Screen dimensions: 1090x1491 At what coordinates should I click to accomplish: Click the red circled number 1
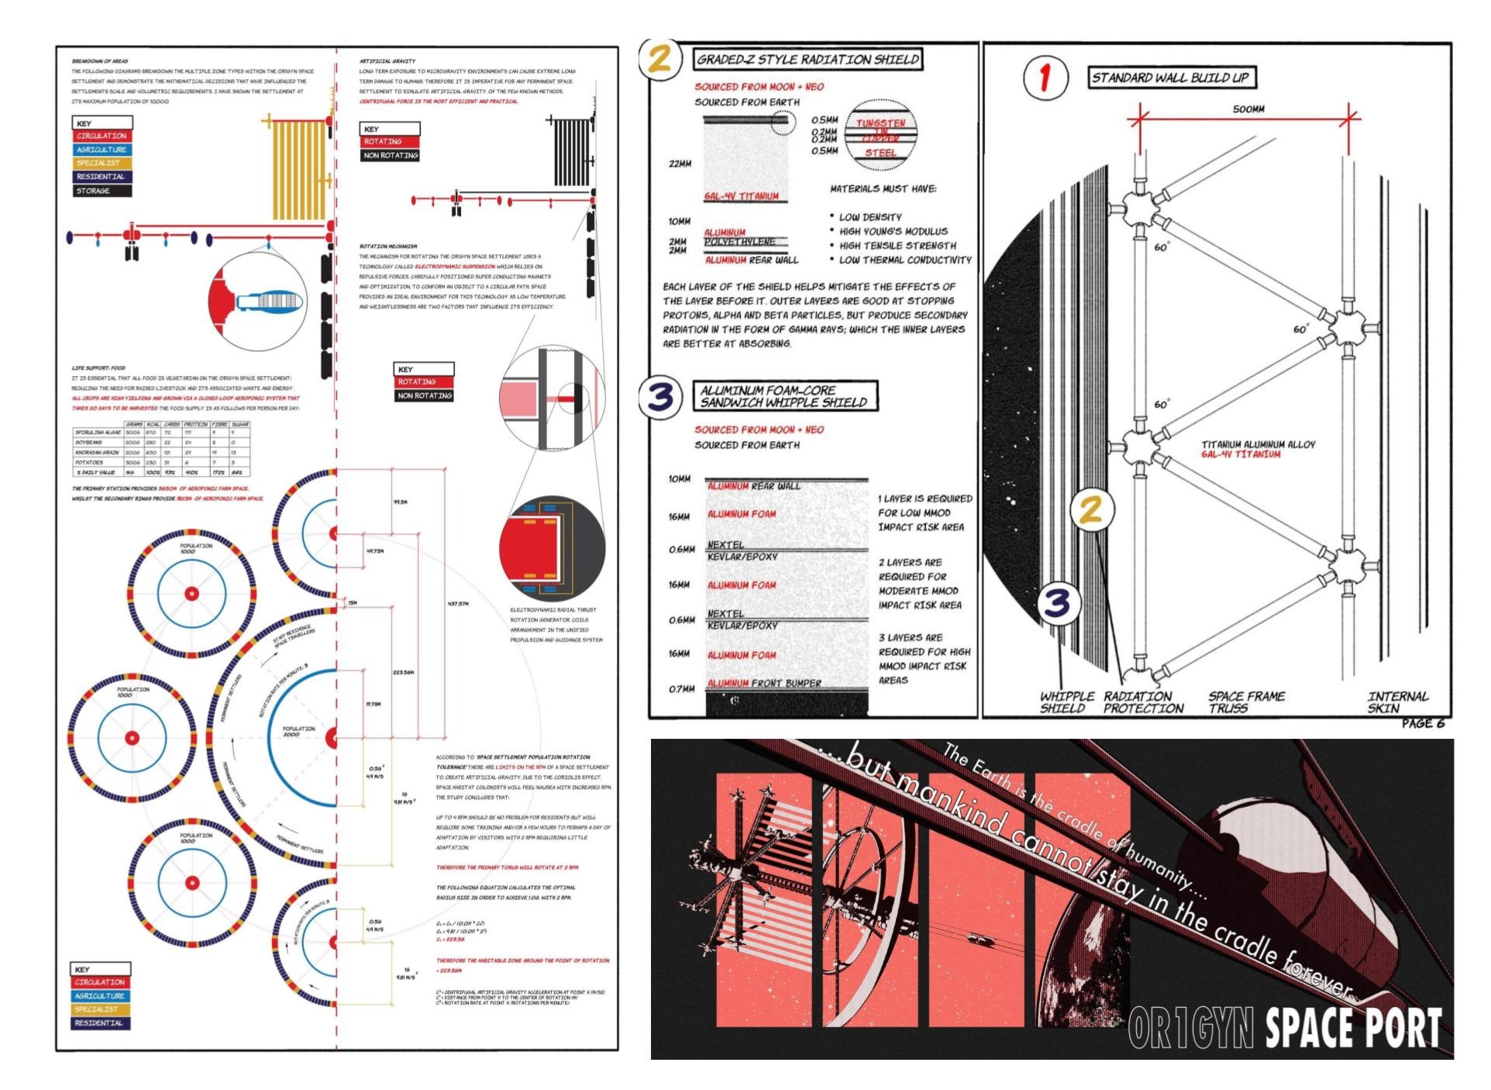(x=1045, y=78)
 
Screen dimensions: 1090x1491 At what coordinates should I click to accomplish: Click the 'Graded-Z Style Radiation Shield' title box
(x=807, y=60)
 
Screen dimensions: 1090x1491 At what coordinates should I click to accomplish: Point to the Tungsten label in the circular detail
(x=880, y=123)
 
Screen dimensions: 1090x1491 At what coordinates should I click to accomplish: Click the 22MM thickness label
(x=680, y=164)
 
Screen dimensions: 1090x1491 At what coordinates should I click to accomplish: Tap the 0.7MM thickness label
(x=681, y=688)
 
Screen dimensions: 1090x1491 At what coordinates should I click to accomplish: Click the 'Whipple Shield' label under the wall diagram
(x=1066, y=702)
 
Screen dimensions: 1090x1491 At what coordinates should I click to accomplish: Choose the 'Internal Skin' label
(x=1397, y=702)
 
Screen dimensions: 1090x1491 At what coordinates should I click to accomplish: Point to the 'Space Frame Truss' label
(x=1245, y=702)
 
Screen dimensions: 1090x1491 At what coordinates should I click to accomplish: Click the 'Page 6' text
(x=1423, y=724)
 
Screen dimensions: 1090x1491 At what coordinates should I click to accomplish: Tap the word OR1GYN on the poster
(x=1190, y=1028)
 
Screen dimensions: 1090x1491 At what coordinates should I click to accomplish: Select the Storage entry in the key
(x=93, y=191)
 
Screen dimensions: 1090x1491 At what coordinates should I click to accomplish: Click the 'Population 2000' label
(x=298, y=731)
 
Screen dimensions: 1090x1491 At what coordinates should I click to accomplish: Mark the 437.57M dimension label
(x=457, y=603)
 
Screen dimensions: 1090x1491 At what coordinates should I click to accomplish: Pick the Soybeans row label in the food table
(x=89, y=443)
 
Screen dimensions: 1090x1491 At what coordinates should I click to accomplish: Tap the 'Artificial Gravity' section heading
(x=387, y=61)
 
